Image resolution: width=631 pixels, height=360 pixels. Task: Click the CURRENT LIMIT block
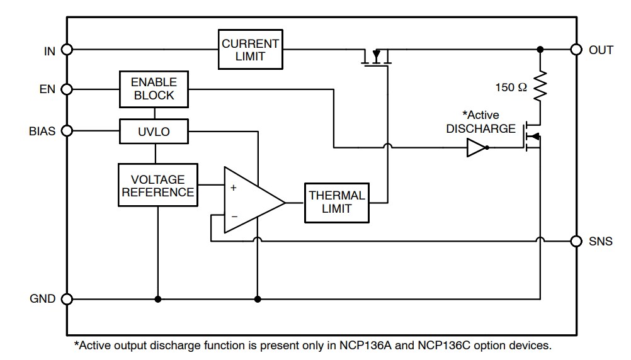pos(250,49)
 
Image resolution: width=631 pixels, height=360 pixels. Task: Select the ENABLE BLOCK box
pos(154,89)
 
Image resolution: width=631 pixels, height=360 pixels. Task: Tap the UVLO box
pos(154,132)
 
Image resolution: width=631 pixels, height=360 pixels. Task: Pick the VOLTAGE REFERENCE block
pos(157,185)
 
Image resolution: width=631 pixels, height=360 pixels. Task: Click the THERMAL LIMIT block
pos(336,203)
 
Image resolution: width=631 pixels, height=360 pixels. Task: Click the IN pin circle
pos(67,50)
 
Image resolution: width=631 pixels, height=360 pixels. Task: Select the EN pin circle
pos(67,89)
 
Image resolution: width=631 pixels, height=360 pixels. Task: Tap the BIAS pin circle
pos(67,131)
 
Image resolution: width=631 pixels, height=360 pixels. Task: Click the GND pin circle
pos(67,298)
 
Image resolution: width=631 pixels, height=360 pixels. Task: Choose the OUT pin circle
pos(576,50)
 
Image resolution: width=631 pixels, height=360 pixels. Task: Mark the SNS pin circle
pos(576,240)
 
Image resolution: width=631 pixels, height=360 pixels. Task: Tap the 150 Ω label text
pos(511,88)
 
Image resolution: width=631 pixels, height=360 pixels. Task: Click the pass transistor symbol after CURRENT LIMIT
pos(377,58)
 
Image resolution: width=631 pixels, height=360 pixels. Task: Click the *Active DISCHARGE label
pos(480,121)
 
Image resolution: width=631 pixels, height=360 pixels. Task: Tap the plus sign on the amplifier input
pos(234,188)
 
